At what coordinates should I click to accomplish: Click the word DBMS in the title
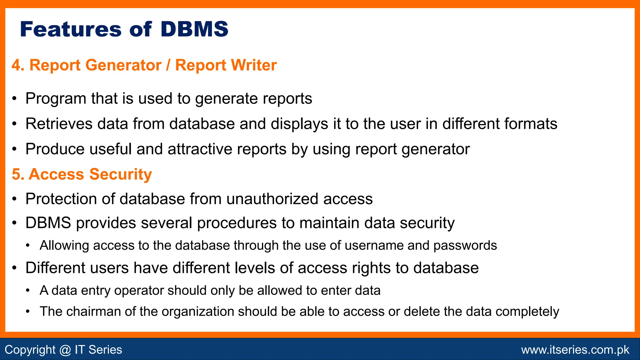click(x=194, y=29)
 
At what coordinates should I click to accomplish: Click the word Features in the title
click(x=71, y=29)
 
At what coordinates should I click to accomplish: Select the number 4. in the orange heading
click(x=18, y=65)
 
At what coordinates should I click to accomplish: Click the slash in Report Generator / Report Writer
click(x=168, y=65)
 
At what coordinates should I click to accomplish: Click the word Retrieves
click(x=59, y=124)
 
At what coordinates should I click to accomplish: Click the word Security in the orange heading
click(x=121, y=174)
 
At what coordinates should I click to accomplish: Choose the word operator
click(x=139, y=291)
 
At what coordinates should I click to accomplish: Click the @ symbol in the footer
click(x=65, y=350)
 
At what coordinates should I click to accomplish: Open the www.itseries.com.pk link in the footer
click(x=575, y=350)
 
